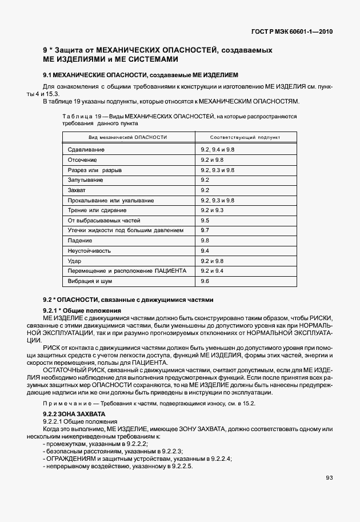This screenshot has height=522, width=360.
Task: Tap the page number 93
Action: [329, 478]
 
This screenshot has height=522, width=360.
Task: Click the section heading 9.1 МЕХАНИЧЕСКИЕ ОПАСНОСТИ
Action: [141, 75]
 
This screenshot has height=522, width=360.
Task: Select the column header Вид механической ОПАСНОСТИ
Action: [128, 138]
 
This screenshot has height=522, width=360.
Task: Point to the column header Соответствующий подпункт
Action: [245, 138]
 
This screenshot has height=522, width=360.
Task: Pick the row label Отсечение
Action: [82, 160]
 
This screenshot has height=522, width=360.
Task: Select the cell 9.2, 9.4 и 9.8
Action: [218, 149]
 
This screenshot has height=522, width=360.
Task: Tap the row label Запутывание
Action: [85, 180]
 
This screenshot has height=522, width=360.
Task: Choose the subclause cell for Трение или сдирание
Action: [212, 210]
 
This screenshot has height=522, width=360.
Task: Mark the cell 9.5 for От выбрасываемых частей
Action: [205, 220]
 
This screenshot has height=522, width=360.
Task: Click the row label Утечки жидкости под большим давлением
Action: [125, 230]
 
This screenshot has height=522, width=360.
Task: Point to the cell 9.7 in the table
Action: [205, 230]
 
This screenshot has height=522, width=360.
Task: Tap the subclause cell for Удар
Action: [212, 261]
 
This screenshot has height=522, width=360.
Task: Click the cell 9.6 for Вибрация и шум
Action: [205, 281]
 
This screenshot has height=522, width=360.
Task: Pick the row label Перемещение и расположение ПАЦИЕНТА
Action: [127, 271]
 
